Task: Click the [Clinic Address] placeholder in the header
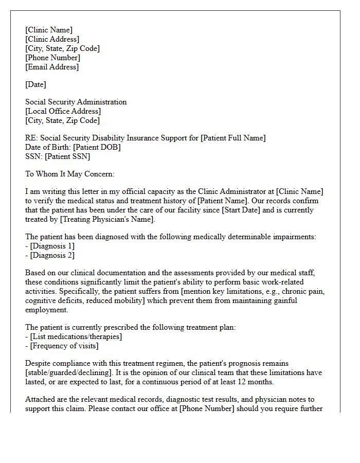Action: pyautogui.click(x=52, y=39)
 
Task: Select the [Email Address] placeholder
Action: pyautogui.click(x=52, y=67)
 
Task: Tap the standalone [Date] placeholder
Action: pyautogui.click(x=35, y=84)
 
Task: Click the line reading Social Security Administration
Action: pyautogui.click(x=76, y=102)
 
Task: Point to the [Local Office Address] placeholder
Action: pyautogui.click(x=63, y=111)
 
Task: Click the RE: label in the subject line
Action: pyautogui.click(x=31, y=138)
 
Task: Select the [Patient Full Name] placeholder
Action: pyautogui.click(x=233, y=138)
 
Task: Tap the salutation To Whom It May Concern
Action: pyautogui.click(x=69, y=174)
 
